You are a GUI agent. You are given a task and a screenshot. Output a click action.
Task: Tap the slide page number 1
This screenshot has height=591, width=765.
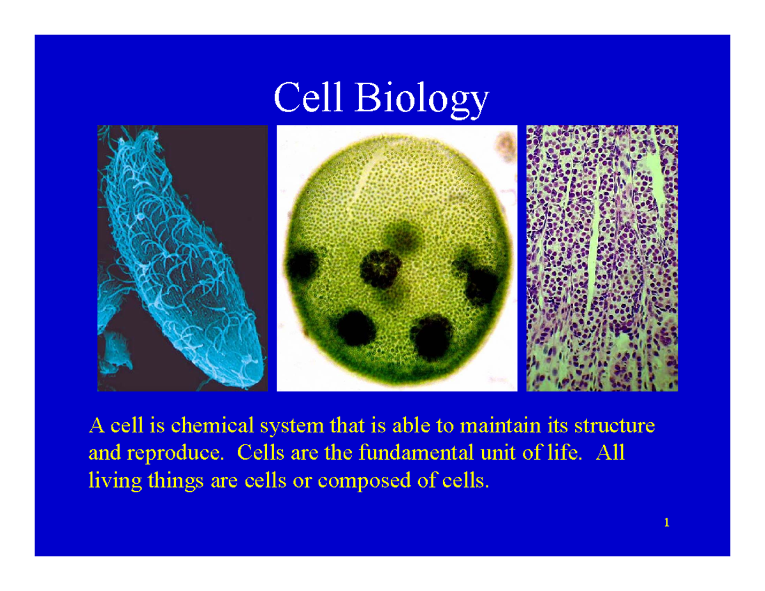(x=666, y=523)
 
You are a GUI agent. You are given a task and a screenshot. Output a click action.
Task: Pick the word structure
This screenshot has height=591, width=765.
(x=614, y=425)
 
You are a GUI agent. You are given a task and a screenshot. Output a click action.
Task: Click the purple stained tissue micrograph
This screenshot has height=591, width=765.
(x=601, y=258)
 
